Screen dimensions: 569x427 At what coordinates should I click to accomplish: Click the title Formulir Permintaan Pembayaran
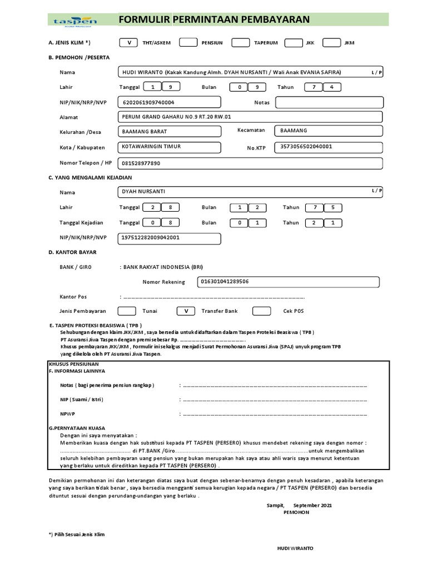tap(214, 20)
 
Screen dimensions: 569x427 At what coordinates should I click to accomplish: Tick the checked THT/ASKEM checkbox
tap(129, 43)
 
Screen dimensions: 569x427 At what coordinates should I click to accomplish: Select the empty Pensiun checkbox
tap(188, 43)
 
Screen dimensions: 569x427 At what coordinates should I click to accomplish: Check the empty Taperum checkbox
tap(241, 43)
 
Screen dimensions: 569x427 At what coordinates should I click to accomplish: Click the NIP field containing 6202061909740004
tap(169, 103)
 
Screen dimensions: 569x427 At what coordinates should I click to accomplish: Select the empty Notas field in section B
tap(329, 103)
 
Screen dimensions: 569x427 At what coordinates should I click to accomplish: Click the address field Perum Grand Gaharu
tap(250, 117)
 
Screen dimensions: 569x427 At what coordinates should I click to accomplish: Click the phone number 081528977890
tap(250, 163)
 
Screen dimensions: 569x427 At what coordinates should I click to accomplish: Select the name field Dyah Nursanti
tap(250, 192)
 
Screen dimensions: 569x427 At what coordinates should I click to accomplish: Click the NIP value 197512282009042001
tap(169, 238)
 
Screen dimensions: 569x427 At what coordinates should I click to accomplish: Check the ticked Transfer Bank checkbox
tap(186, 311)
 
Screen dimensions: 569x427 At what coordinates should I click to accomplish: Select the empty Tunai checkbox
tap(127, 311)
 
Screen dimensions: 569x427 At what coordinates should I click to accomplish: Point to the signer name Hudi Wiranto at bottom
tap(295, 548)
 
